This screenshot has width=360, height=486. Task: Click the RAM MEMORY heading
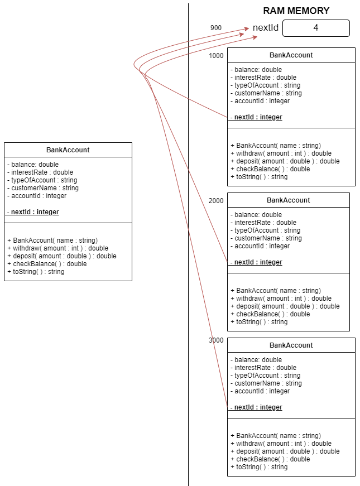(x=296, y=11)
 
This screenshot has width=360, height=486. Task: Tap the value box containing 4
(x=316, y=28)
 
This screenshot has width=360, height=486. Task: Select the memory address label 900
(x=216, y=28)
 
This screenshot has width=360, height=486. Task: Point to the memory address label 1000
(x=216, y=56)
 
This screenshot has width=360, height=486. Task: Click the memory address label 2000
(x=216, y=201)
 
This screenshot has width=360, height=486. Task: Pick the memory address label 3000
(x=216, y=340)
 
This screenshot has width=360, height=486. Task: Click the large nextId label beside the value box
(x=266, y=27)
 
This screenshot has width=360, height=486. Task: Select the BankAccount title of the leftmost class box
(x=68, y=150)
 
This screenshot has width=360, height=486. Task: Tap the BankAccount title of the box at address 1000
(x=291, y=55)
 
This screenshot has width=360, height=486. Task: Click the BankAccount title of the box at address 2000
(x=289, y=200)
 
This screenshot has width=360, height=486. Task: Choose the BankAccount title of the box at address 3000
(x=291, y=345)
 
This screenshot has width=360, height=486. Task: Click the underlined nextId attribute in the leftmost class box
(x=33, y=212)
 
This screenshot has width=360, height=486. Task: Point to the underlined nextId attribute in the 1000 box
(x=256, y=117)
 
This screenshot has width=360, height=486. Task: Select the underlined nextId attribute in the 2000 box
(x=256, y=262)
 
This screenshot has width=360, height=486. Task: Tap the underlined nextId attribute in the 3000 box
(x=256, y=407)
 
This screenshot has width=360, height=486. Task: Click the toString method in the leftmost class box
(x=36, y=272)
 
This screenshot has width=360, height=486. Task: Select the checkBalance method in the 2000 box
(x=270, y=314)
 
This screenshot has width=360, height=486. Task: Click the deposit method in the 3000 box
(x=285, y=451)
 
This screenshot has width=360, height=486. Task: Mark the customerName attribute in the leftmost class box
(x=43, y=188)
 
